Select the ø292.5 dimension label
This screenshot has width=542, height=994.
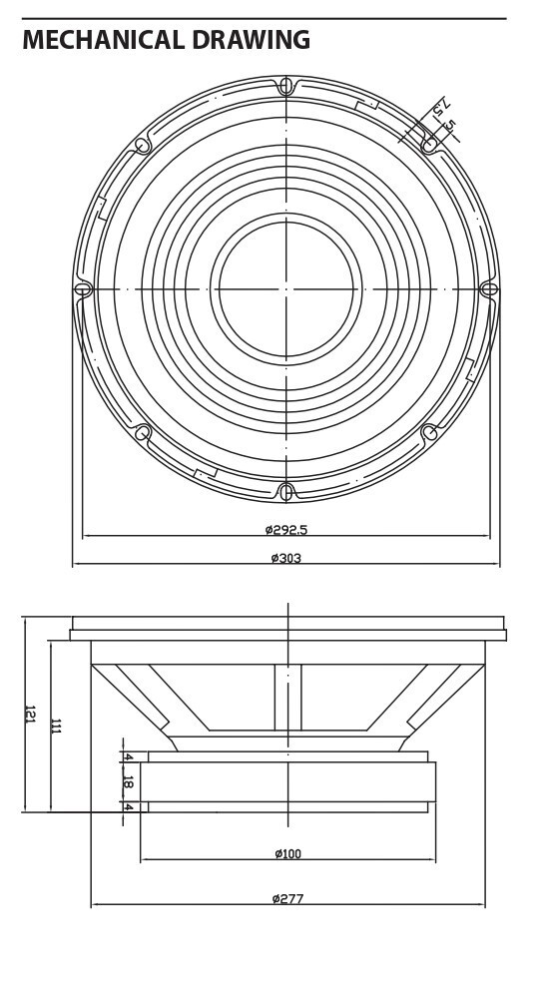(286, 529)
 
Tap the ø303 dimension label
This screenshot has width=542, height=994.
(286, 558)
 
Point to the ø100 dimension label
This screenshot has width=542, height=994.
(288, 854)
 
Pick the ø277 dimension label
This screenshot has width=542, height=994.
(288, 898)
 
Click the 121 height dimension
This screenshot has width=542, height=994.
(30, 714)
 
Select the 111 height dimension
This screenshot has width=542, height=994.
(56, 726)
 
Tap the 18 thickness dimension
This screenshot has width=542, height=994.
(128, 782)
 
